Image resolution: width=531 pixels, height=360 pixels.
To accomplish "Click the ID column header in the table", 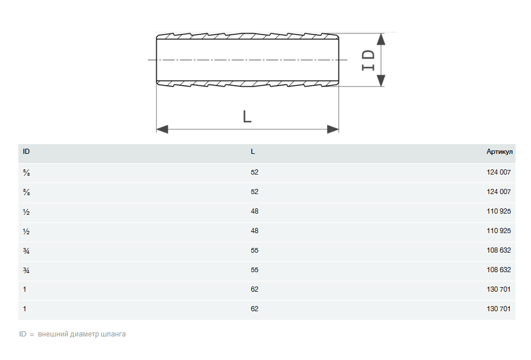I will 26,152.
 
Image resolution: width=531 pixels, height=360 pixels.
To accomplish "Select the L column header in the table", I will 253,152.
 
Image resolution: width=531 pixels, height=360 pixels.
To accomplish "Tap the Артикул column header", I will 498,152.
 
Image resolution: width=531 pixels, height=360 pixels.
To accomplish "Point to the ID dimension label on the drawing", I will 368,60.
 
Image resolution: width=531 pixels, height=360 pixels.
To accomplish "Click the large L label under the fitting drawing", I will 247,117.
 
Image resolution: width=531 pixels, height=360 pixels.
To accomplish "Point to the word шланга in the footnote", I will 113,334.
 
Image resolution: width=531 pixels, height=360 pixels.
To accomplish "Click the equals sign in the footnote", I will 32,334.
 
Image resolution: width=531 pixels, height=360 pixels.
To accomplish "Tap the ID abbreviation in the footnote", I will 23,334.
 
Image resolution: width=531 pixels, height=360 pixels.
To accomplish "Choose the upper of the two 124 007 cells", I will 498,172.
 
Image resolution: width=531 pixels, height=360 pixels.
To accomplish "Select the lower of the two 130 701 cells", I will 498,309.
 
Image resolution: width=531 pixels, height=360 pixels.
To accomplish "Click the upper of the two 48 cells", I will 255,211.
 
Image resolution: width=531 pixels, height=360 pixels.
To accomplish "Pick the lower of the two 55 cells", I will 255,270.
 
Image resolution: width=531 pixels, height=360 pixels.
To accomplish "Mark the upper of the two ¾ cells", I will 26,250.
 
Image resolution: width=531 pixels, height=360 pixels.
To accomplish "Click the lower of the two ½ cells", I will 26,231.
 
